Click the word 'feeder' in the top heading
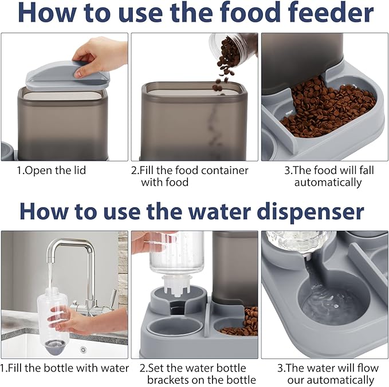point(327,14)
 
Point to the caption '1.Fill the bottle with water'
point(65,368)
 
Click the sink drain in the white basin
point(83,350)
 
